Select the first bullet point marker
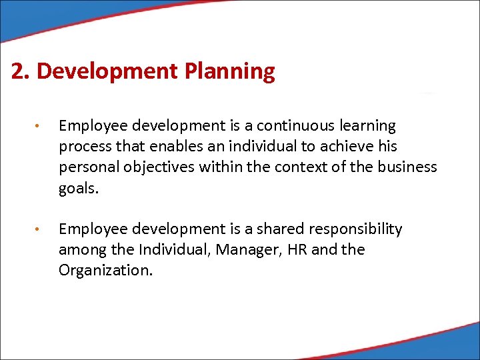tap(40, 127)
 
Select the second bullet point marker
tap(40, 230)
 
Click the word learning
tap(366, 127)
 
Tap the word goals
tap(77, 188)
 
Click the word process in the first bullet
tap(84, 147)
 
